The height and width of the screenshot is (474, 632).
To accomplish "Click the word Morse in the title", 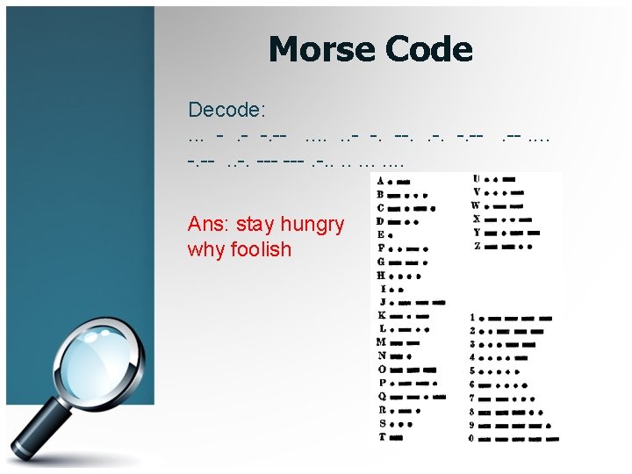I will click(x=320, y=49).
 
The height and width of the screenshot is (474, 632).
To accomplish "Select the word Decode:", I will click(x=227, y=110).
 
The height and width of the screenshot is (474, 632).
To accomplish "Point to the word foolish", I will click(x=261, y=249).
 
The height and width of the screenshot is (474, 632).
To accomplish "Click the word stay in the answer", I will click(x=255, y=225).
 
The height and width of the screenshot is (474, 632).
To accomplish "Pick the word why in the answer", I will click(x=206, y=249).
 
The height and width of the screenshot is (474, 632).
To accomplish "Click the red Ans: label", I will click(x=209, y=224).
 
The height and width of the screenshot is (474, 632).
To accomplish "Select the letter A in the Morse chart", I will click(x=379, y=182).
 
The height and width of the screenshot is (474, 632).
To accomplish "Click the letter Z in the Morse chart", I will click(x=477, y=246).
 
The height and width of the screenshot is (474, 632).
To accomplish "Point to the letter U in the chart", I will click(x=477, y=181).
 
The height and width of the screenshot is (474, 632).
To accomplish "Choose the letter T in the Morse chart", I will click(x=380, y=436).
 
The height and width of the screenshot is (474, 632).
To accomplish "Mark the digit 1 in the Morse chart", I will click(x=473, y=317).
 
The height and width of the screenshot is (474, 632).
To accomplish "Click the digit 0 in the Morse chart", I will click(x=473, y=437).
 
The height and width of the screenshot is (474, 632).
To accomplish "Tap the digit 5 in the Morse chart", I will click(x=473, y=370).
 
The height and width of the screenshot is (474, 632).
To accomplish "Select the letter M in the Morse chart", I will click(x=380, y=342).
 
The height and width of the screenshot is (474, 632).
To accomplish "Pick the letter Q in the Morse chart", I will click(x=380, y=396).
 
